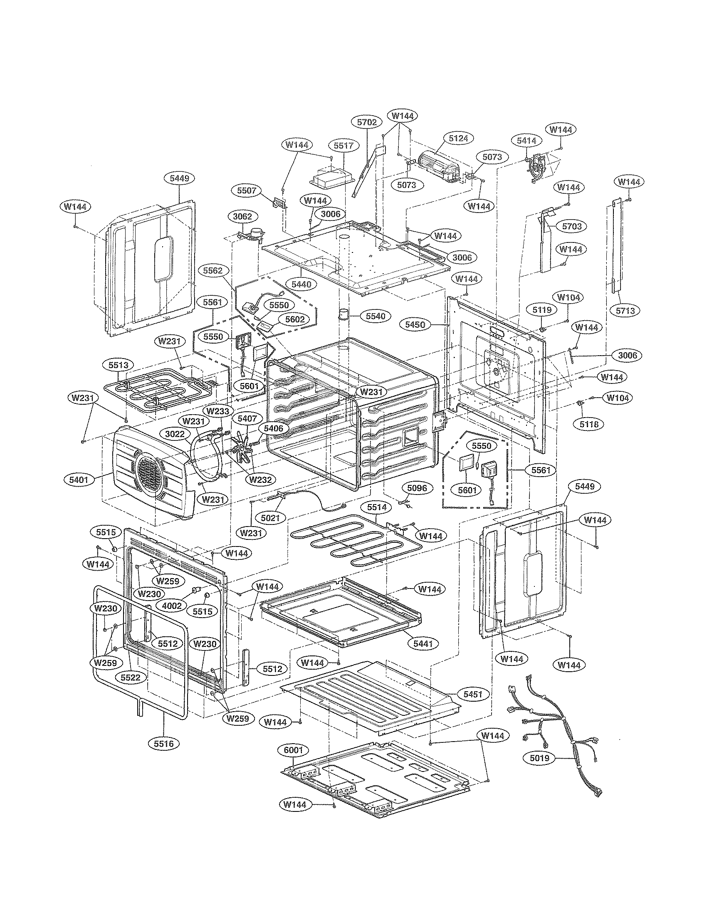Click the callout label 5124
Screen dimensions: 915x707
(x=458, y=138)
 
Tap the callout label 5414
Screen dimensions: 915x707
(x=526, y=141)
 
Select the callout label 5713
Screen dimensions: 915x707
(x=625, y=310)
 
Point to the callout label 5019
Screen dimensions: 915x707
(x=539, y=758)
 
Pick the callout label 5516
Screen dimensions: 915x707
(x=164, y=744)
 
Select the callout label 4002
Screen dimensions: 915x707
(x=171, y=606)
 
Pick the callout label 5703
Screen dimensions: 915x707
(x=572, y=226)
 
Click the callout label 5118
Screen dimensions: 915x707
(x=589, y=424)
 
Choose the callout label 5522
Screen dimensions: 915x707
(x=130, y=678)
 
